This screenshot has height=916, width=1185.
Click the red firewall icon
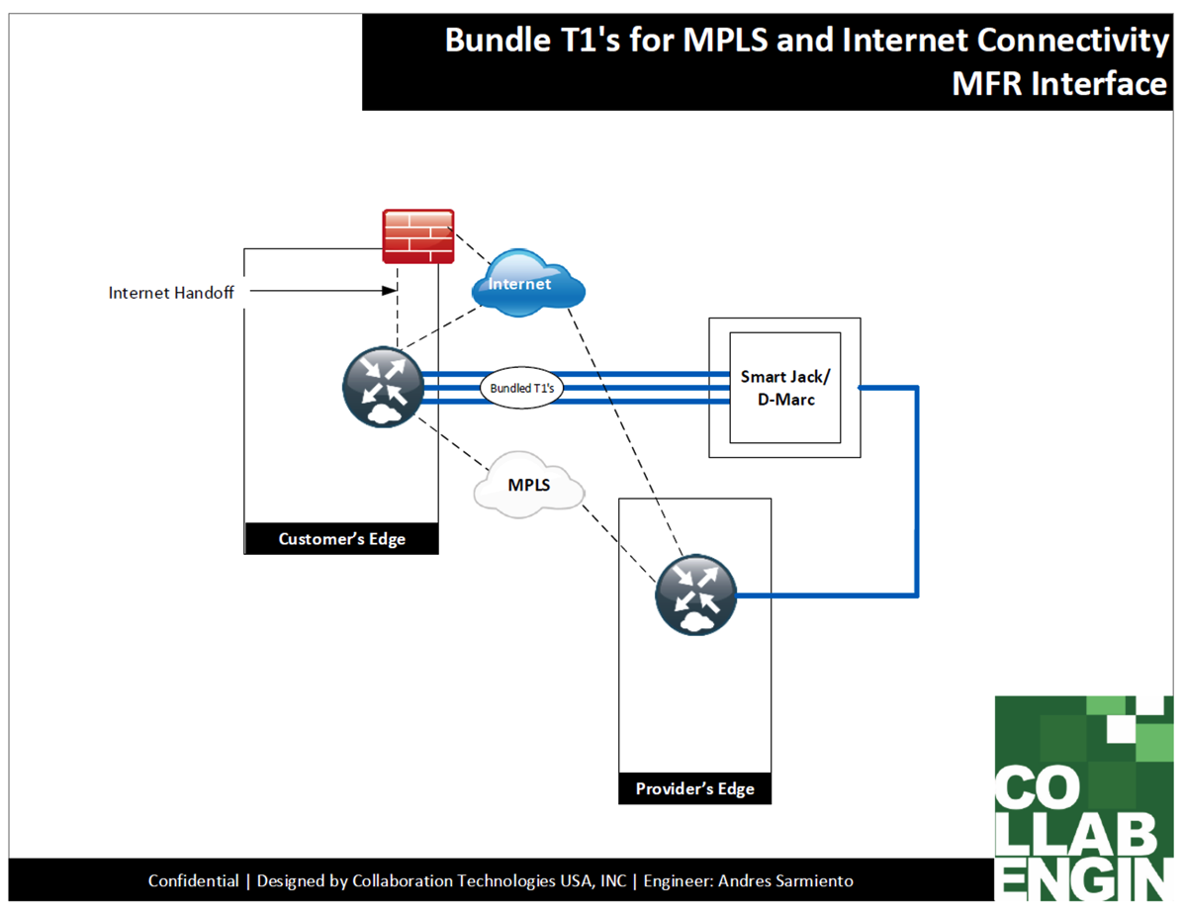[x=418, y=235]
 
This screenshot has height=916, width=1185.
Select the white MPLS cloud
[x=528, y=485]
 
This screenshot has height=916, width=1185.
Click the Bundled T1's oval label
[x=522, y=389]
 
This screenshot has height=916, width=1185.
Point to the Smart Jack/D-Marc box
[x=785, y=388]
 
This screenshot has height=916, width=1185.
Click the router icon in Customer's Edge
[x=384, y=387]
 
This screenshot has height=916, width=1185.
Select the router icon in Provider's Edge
[x=696, y=594]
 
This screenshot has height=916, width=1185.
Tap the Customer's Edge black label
[x=341, y=539]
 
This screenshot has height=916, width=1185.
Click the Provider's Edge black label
[x=694, y=788]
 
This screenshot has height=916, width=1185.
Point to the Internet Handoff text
[x=170, y=293]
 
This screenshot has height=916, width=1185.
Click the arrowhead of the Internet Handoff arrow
[x=390, y=291]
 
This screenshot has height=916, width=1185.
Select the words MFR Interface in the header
[x=1058, y=84]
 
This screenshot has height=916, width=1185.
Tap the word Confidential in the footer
[x=193, y=880]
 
